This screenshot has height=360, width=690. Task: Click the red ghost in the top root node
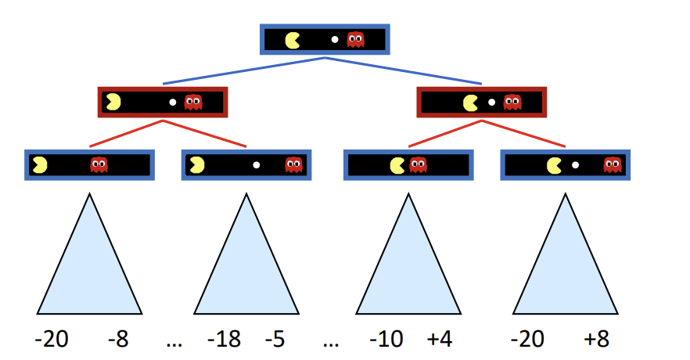[x=356, y=39]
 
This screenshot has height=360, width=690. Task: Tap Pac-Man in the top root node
[x=293, y=39]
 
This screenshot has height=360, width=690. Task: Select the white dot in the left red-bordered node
[x=173, y=102]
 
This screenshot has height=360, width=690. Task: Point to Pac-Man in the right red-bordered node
[x=470, y=102]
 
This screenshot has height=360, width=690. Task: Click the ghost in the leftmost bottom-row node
[x=99, y=164]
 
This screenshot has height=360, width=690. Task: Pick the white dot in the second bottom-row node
[x=256, y=165]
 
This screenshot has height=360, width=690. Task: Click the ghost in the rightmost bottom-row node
[x=612, y=164]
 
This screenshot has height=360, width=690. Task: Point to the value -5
[x=274, y=340]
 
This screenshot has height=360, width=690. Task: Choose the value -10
[x=386, y=340]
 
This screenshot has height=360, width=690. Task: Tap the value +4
[x=439, y=340]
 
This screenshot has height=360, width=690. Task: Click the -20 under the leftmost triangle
[x=52, y=340]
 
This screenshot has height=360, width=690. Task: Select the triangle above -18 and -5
[x=246, y=266]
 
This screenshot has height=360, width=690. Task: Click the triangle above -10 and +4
[x=408, y=266]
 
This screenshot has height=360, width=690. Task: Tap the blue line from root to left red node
[x=243, y=70]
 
